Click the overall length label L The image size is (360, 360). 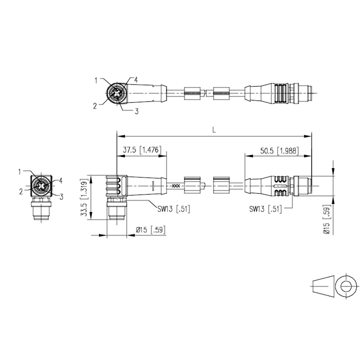[x=214, y=130]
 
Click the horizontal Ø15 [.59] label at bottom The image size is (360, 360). [x=151, y=230]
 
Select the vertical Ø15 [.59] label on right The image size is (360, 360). [x=328, y=219]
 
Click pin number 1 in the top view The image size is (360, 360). [x=97, y=80]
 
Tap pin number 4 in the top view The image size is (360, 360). [x=136, y=80]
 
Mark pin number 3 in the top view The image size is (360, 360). [x=136, y=112]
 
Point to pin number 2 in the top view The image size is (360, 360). [x=95, y=105]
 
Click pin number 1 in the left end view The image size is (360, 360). [x=20, y=172]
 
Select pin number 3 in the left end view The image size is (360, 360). [x=61, y=197]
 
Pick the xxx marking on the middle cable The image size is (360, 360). [x=176, y=186]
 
